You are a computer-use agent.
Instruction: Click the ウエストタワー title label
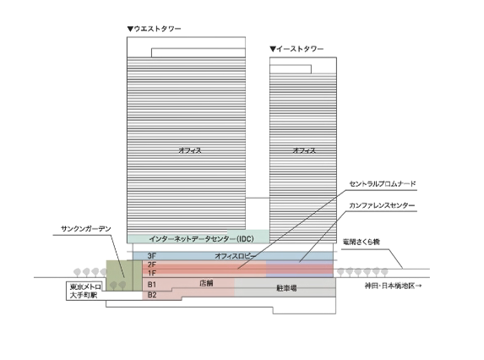point(157,29)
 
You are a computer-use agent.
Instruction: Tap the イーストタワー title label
point(300,49)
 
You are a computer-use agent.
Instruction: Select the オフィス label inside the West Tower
point(190,150)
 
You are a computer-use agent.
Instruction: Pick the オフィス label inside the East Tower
point(304,150)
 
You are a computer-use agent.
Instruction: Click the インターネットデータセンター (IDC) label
point(202,238)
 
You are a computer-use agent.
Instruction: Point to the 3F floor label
point(151,256)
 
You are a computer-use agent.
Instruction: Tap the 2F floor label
point(151,265)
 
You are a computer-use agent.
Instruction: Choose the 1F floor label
point(151,273)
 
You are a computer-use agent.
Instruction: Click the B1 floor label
point(152,284)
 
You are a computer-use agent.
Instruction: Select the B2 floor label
point(152,295)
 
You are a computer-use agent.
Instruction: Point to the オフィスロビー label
point(235,256)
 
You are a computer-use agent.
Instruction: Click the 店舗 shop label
point(206,283)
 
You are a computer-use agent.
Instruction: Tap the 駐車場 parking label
point(286,288)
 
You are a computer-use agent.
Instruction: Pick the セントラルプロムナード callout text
point(383,184)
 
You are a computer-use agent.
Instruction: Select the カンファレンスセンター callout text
point(382,205)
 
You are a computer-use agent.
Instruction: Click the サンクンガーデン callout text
point(86,229)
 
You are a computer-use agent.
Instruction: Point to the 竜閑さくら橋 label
point(362,242)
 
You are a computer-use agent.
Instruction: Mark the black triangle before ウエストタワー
point(130,29)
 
